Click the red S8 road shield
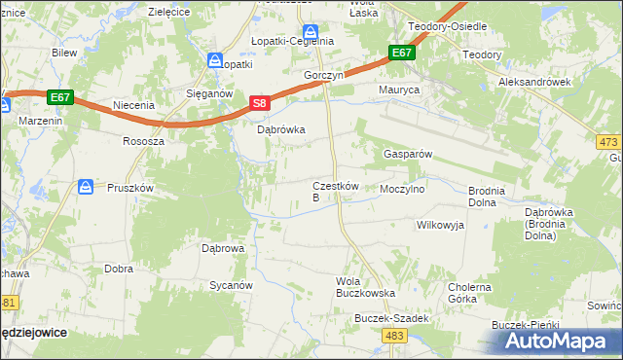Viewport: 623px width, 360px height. click(x=259, y=102)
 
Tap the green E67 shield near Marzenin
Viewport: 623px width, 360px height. click(x=59, y=97)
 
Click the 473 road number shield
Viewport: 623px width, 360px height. click(x=608, y=142)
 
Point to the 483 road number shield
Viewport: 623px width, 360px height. click(x=394, y=336)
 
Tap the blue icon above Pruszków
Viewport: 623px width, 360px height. click(x=86, y=185)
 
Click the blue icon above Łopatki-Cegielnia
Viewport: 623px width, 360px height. click(x=310, y=31)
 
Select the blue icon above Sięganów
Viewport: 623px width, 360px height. click(x=215, y=60)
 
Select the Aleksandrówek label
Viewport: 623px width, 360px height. click(x=534, y=84)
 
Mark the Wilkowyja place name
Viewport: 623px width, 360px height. click(x=441, y=225)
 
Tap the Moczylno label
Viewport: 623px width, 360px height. click(x=403, y=190)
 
